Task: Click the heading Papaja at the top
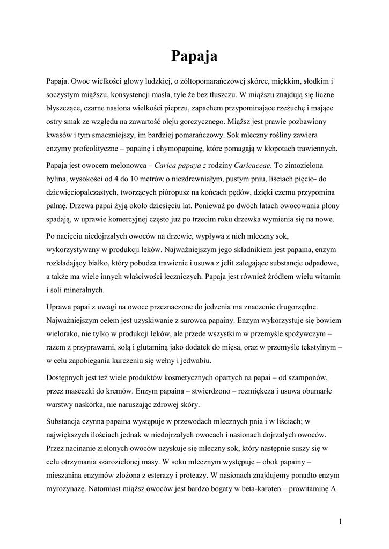pos(194,55)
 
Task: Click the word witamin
pos(327,276)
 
